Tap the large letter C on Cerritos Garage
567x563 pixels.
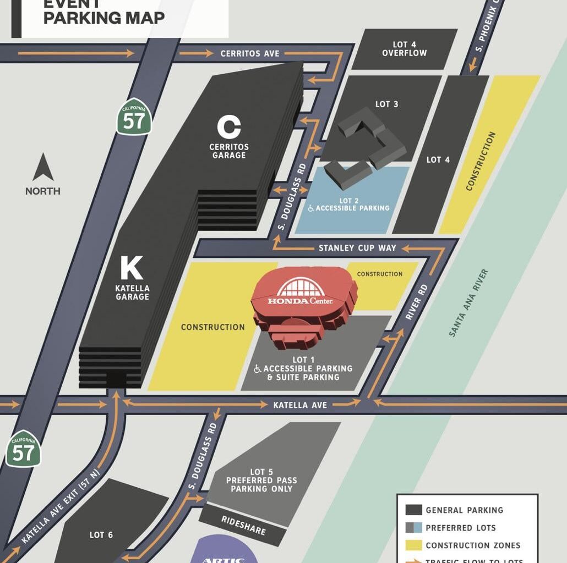[229, 128]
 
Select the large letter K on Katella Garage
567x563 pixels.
[132, 269]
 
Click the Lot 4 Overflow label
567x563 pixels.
[404, 49]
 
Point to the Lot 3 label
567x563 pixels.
[386, 104]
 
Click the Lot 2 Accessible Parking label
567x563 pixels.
[348, 205]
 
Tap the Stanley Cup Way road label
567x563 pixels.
[357, 248]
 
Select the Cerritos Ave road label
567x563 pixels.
[250, 54]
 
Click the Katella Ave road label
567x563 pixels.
[300, 405]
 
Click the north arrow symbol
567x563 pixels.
[43, 168]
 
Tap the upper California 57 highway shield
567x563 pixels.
[134, 118]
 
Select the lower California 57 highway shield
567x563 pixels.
[24, 450]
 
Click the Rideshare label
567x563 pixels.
[243, 526]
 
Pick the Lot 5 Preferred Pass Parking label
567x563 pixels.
[261, 480]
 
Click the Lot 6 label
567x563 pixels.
[101, 534]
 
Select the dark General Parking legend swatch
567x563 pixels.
[414, 510]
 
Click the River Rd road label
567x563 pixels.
[416, 302]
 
